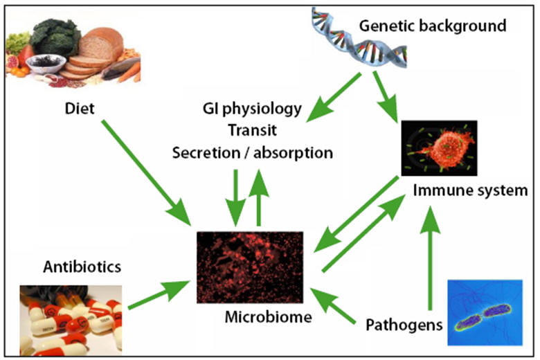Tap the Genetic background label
click(x=433, y=26)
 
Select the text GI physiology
click(x=252, y=109)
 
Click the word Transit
click(x=252, y=130)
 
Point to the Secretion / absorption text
click(x=252, y=152)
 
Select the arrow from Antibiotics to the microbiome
click(x=159, y=294)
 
